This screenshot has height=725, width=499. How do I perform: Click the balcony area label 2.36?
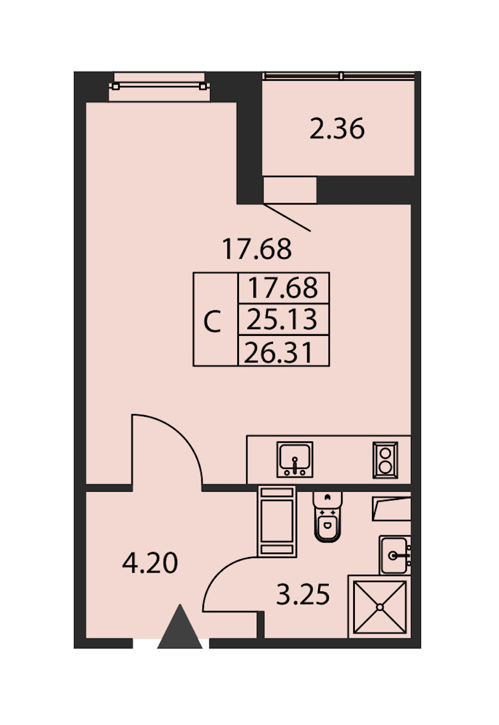pyautogui.click(x=337, y=129)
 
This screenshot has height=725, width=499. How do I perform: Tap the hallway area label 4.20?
pyautogui.click(x=150, y=563)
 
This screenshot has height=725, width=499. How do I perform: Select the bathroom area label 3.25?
pyautogui.click(x=303, y=594)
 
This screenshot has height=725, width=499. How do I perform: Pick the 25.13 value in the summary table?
pyautogui.click(x=282, y=319)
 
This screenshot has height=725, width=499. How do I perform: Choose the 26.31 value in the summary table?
pyautogui.click(x=278, y=353)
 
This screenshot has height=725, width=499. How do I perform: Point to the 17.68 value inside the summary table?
pyautogui.click(x=283, y=287)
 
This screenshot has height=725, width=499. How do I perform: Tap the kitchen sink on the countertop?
pyautogui.click(x=294, y=459)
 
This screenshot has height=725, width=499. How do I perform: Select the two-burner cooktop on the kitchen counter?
pyautogui.click(x=385, y=460)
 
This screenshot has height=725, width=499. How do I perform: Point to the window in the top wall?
pyautogui.click(x=159, y=86)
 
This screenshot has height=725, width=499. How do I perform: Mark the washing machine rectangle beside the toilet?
pyautogui.click(x=277, y=521)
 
